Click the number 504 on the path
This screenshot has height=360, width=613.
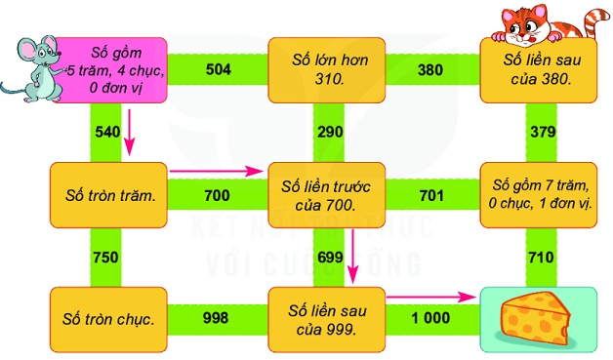[x=218, y=69]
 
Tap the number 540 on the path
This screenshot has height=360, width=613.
[x=107, y=132]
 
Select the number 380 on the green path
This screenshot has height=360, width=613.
[x=430, y=70]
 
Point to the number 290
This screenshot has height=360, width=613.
[x=330, y=132]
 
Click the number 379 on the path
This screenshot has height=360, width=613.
[x=543, y=132]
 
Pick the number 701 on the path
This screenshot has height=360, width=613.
[x=431, y=195]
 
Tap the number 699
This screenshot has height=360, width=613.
[x=330, y=258]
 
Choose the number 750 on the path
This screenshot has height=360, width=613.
[x=105, y=258]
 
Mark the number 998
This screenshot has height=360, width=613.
[x=216, y=318]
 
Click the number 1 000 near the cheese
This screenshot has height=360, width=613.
[x=430, y=318]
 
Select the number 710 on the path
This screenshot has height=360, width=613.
[x=541, y=258]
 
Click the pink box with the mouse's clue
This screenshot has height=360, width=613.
[x=111, y=70]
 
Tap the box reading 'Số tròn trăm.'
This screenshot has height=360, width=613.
[x=108, y=195]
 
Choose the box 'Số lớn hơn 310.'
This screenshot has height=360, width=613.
[x=326, y=70]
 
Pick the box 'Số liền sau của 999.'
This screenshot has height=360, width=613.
[x=326, y=320]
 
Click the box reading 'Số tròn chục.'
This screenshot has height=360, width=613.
[x=108, y=320]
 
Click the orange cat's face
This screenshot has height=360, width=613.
[x=525, y=26]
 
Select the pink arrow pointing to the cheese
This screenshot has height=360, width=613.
[x=430, y=297]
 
